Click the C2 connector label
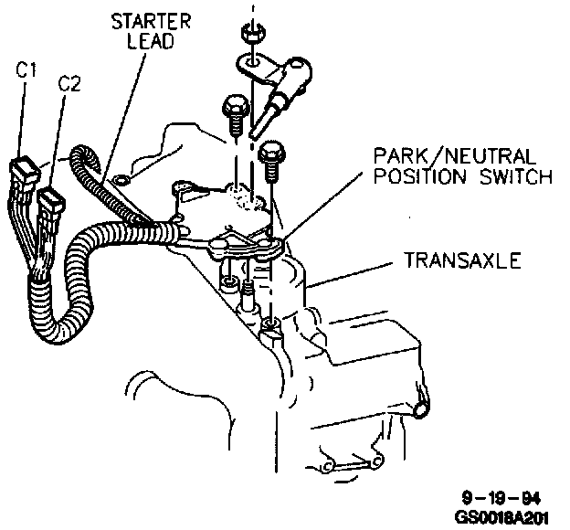tap(69, 83)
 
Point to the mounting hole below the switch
tap(269, 324)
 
